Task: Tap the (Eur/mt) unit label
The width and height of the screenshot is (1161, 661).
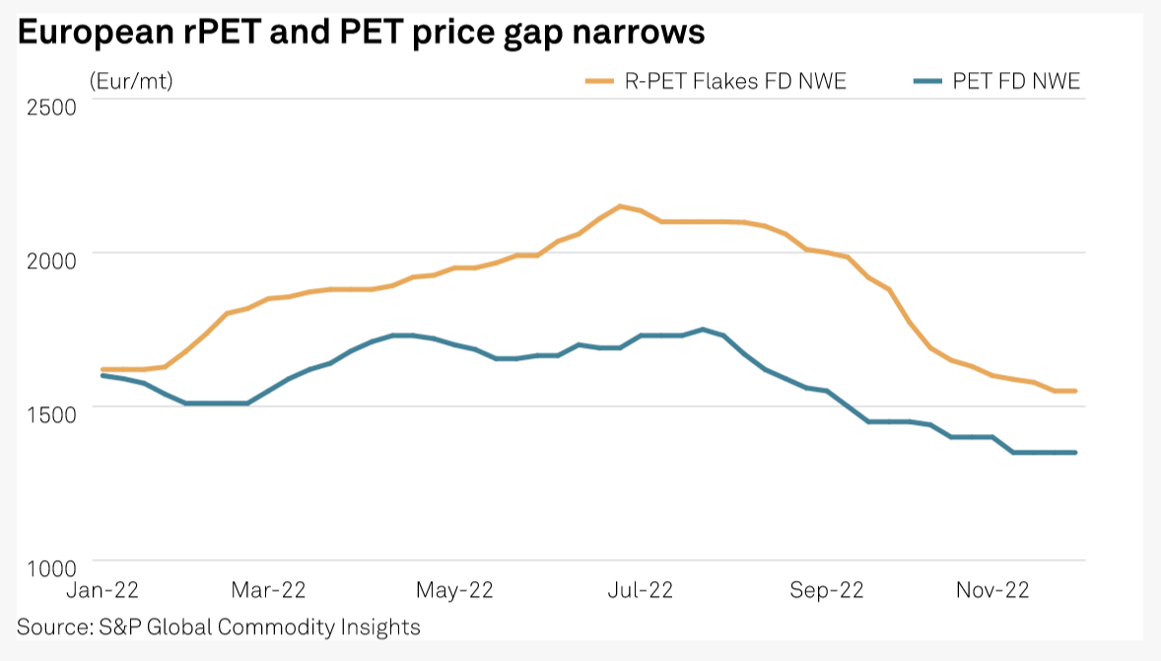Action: (131, 82)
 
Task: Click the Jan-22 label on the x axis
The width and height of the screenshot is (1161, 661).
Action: (102, 590)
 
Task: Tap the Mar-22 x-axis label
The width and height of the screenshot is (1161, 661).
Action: (269, 590)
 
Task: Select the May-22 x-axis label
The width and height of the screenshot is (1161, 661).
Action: (453, 590)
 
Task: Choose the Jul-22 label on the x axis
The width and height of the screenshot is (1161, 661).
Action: (640, 590)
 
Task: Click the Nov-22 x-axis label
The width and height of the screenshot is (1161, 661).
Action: (992, 590)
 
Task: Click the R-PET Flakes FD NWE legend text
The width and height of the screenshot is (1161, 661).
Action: (735, 82)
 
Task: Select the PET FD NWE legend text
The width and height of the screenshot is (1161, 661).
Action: (1016, 82)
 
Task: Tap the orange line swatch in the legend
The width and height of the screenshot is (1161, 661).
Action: (600, 82)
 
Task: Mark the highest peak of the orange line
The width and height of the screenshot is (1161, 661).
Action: (620, 206)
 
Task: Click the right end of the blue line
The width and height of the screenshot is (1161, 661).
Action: (1074, 452)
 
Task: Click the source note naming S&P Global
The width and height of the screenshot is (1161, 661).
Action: (219, 626)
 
